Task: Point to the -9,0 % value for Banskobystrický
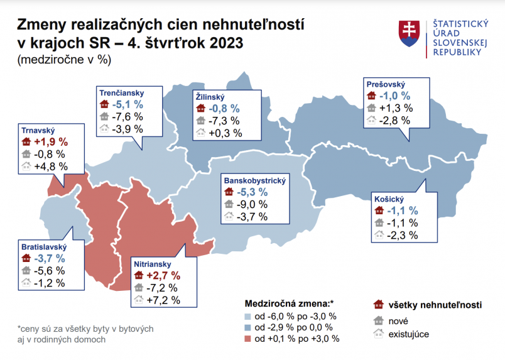pos(252,204)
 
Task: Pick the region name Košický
pos(388,198)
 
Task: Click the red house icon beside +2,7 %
pos(138,275)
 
